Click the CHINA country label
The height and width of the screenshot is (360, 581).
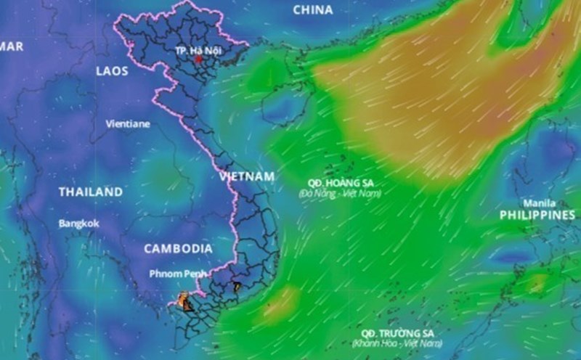click(x=313, y=10)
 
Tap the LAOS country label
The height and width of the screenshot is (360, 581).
click(x=111, y=71)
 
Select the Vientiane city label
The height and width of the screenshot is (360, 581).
click(x=128, y=123)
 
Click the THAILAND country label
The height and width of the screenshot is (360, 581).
click(x=91, y=192)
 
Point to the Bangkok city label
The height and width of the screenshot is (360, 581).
click(x=79, y=224)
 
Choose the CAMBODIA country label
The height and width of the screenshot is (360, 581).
click(x=178, y=248)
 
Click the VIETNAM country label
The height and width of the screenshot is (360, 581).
click(x=247, y=176)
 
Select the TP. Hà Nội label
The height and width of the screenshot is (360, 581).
click(x=198, y=51)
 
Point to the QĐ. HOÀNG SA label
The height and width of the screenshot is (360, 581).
click(x=340, y=183)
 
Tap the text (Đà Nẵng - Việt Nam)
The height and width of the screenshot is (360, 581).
click(x=339, y=194)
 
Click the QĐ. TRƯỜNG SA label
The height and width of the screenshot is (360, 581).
click(x=397, y=332)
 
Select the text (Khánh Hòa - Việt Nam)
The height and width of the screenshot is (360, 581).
click(x=397, y=343)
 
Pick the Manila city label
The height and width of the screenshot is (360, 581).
click(x=538, y=203)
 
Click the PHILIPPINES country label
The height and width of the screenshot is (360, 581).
click(x=537, y=216)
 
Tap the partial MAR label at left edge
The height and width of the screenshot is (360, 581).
click(x=12, y=46)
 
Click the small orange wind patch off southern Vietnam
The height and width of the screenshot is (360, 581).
click(x=281, y=300)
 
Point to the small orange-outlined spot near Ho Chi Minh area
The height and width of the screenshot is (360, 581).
click(x=236, y=287)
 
